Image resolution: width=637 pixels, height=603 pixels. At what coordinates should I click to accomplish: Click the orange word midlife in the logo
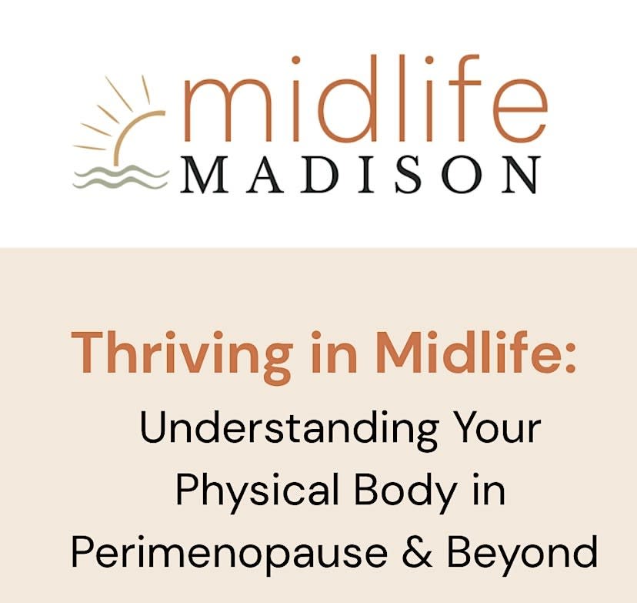[x=365, y=99]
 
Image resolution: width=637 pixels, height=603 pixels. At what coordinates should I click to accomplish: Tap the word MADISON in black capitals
[x=360, y=175]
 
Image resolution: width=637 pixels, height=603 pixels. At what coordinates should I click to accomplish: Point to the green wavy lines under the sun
[x=121, y=177]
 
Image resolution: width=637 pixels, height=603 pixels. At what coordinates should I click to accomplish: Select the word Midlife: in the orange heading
[x=476, y=352]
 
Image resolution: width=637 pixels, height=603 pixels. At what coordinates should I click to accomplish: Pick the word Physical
[x=257, y=491]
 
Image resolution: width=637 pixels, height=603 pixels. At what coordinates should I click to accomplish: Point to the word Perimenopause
[x=230, y=553]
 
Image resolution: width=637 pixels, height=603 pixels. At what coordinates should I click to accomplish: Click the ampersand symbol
[x=417, y=551]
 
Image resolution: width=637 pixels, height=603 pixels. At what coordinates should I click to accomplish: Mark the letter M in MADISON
[x=203, y=175]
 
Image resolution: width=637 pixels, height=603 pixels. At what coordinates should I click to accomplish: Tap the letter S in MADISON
[x=408, y=175]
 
